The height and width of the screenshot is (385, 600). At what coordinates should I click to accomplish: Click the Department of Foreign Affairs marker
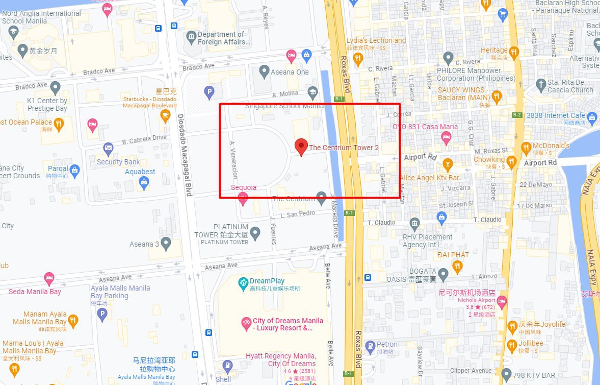pyautogui.click(x=191, y=37)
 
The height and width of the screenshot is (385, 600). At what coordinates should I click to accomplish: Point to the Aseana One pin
pyautogui.click(x=264, y=71)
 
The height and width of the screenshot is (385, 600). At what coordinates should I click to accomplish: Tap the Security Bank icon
pyautogui.click(x=108, y=149)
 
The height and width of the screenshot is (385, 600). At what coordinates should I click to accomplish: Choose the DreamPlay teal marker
pyautogui.click(x=243, y=282)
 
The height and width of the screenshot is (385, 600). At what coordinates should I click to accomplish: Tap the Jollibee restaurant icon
pyautogui.click(x=512, y=346)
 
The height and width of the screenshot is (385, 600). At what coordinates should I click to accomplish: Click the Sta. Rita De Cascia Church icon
pyautogui.click(x=541, y=85)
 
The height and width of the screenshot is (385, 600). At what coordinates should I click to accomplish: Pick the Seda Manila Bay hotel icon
pyautogui.click(x=49, y=279)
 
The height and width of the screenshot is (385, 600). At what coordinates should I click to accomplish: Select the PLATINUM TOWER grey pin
pyautogui.click(x=255, y=233)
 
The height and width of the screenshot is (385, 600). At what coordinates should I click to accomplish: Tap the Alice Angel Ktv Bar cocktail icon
pyautogui.click(x=447, y=164)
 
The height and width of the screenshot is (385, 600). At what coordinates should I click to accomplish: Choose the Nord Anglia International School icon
pyautogui.click(x=13, y=33)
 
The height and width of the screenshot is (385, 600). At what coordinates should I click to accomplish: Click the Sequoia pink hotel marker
pyautogui.click(x=243, y=199)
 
